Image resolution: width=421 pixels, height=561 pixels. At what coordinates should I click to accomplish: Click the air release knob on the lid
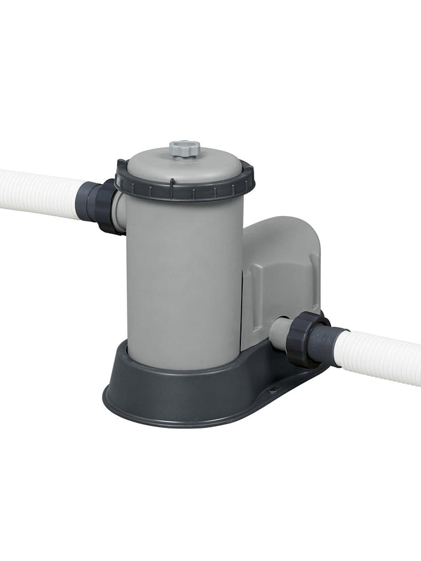[184, 148]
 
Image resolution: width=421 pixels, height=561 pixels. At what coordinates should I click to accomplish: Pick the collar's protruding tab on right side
[247, 167]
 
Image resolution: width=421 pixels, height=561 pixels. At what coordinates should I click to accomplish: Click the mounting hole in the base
[273, 389]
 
